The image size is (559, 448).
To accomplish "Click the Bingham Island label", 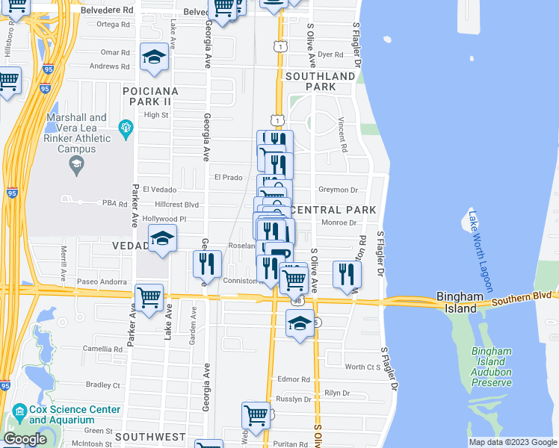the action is point(457,302).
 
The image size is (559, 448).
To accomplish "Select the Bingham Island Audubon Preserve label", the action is point(492,367).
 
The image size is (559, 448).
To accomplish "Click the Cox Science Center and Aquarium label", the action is point(74,415).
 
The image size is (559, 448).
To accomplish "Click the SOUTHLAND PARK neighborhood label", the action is point(320,81).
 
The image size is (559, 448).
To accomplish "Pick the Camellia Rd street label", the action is point(102,349).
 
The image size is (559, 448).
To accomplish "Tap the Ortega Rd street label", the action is point(113,25).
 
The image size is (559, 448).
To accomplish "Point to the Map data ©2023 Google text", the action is point(512,442).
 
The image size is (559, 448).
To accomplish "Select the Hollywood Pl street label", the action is point(164,219).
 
